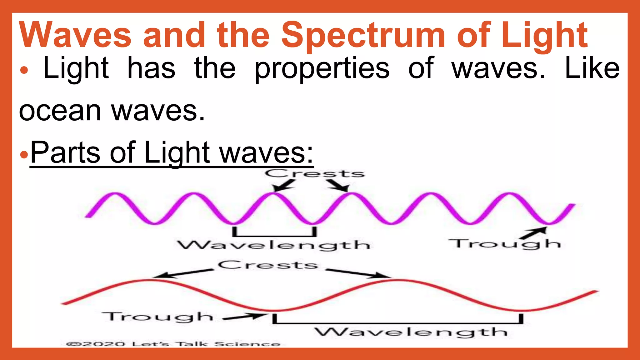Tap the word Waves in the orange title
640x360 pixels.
75,35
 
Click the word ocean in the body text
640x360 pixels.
60,111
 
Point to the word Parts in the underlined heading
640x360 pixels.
65,152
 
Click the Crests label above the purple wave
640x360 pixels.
315,174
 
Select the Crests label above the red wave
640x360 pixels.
268,265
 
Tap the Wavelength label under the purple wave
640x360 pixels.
274,245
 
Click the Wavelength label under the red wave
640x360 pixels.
411,332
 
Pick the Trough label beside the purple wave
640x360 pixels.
504,244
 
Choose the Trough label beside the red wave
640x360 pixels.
158,317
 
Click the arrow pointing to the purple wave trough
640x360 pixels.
535,233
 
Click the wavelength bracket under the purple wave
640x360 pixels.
274,233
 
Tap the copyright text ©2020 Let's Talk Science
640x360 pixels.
173,344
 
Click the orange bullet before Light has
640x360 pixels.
24,71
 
